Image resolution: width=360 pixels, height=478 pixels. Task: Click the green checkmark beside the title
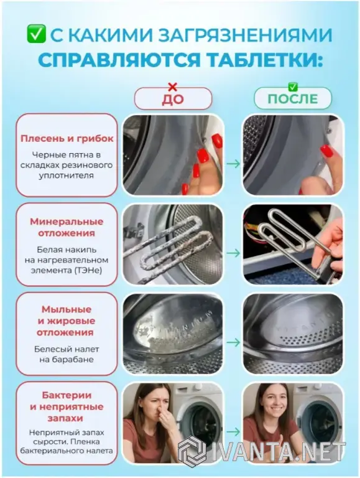(36, 34)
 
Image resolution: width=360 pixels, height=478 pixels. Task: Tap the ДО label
(173, 100)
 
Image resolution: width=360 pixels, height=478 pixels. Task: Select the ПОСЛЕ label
(293, 99)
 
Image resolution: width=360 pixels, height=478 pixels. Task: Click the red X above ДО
(173, 87)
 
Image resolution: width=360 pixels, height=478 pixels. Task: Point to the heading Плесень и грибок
(67, 138)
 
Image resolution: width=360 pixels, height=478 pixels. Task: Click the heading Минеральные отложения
(67, 227)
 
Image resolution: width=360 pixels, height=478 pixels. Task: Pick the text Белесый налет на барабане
(67, 354)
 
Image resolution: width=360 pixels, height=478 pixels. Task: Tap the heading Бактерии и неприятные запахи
(67, 406)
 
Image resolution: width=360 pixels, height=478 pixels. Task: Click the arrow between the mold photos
(233, 164)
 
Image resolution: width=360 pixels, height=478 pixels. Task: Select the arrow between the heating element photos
(233, 253)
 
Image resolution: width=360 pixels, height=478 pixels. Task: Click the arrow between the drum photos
(233, 342)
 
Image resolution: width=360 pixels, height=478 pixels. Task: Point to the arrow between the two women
(233, 431)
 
